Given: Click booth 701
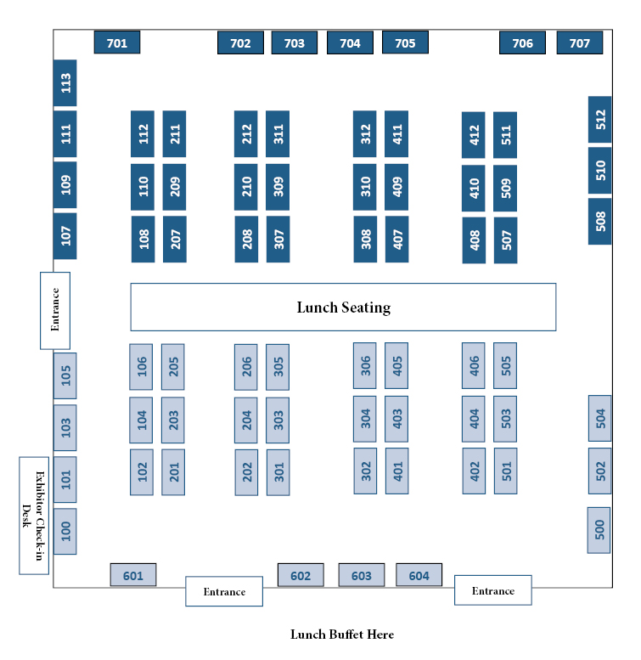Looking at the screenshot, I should [x=117, y=42].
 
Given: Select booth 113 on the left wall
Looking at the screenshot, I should [x=65, y=83].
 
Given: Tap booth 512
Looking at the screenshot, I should [x=600, y=120].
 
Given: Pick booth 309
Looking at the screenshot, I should [x=278, y=187].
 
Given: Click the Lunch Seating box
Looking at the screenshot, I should [x=343, y=307].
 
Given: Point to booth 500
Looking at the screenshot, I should [x=599, y=531].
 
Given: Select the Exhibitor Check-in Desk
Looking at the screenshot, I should [x=34, y=516].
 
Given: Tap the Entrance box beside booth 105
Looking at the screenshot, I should [x=55, y=310].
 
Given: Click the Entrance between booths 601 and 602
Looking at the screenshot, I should [x=224, y=591].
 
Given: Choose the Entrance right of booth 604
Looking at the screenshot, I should [x=493, y=590].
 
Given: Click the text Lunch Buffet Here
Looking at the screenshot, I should [x=342, y=635].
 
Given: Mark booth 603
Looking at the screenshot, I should [x=362, y=575].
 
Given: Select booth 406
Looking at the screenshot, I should [x=474, y=366].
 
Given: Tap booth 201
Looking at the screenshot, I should [x=173, y=472].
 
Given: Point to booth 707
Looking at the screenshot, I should [x=580, y=43].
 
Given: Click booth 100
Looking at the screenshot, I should [x=65, y=532].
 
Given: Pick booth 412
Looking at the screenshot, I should [x=474, y=135].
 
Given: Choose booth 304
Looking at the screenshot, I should [x=365, y=419].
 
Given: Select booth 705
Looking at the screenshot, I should [x=405, y=42].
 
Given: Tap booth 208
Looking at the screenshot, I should [x=246, y=240].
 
